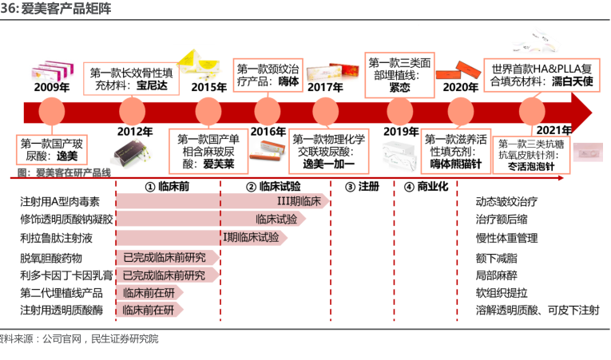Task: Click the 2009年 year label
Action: [x=51, y=87]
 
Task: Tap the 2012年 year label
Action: [x=135, y=132]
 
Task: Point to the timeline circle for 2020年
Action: [x=462, y=109]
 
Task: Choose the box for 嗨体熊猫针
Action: [x=456, y=151]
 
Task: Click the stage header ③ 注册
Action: [x=362, y=186]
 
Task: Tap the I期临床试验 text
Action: [x=252, y=237]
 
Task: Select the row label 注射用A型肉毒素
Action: [x=60, y=202]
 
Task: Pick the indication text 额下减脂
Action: [x=496, y=257]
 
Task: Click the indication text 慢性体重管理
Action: [x=506, y=237]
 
